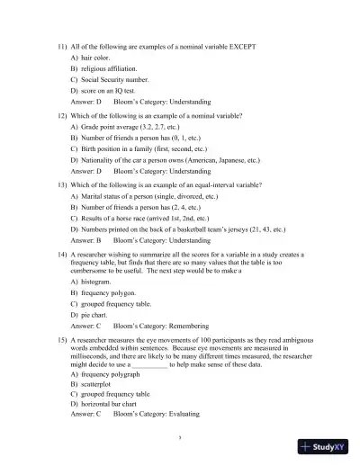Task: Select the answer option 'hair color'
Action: coord(97,57)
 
